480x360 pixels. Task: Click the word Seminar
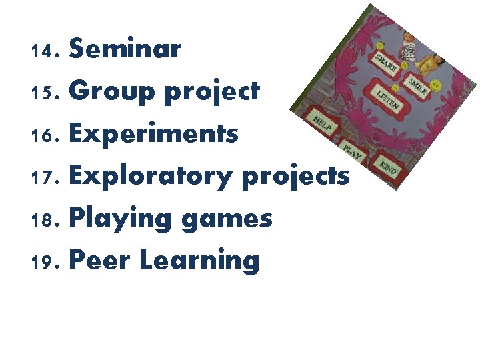pyautogui.click(x=125, y=49)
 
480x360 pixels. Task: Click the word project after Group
pyautogui.click(x=212, y=92)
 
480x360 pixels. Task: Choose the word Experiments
pyautogui.click(x=153, y=134)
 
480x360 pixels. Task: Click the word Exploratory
pyautogui.click(x=151, y=176)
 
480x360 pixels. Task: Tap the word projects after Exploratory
pyautogui.click(x=295, y=176)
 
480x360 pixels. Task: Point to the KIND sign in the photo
pyautogui.click(x=387, y=167)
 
